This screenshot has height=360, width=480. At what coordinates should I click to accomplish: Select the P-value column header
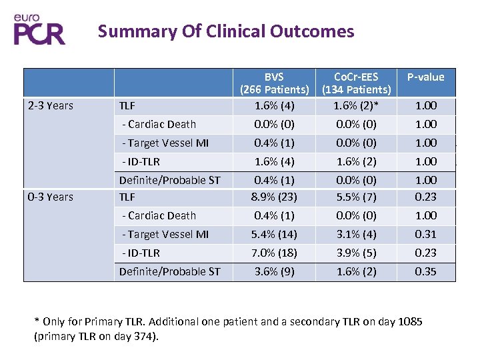[425, 77]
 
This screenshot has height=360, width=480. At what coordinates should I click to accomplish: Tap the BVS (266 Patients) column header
[274, 83]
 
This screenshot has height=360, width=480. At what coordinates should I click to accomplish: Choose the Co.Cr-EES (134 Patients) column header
[356, 83]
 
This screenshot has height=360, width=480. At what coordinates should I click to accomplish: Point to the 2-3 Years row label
[51, 105]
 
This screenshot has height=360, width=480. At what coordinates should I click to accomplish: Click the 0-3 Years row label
[51, 197]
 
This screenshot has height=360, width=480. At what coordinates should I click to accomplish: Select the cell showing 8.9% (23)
[274, 197]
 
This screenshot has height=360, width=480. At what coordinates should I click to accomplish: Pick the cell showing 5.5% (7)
[356, 197]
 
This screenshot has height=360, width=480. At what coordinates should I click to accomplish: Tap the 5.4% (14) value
[274, 234]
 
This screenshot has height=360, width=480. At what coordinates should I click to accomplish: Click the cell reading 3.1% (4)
[356, 234]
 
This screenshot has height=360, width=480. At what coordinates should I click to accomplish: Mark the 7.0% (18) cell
[274, 253]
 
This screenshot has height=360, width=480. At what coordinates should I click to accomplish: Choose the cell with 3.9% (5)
[356, 253]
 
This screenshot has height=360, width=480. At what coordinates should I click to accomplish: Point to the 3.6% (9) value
[274, 271]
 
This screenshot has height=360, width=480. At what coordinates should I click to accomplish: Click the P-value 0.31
[425, 234]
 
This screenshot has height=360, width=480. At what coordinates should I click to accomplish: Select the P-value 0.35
[425, 271]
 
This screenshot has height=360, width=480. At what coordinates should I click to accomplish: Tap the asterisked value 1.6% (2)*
[356, 105]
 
